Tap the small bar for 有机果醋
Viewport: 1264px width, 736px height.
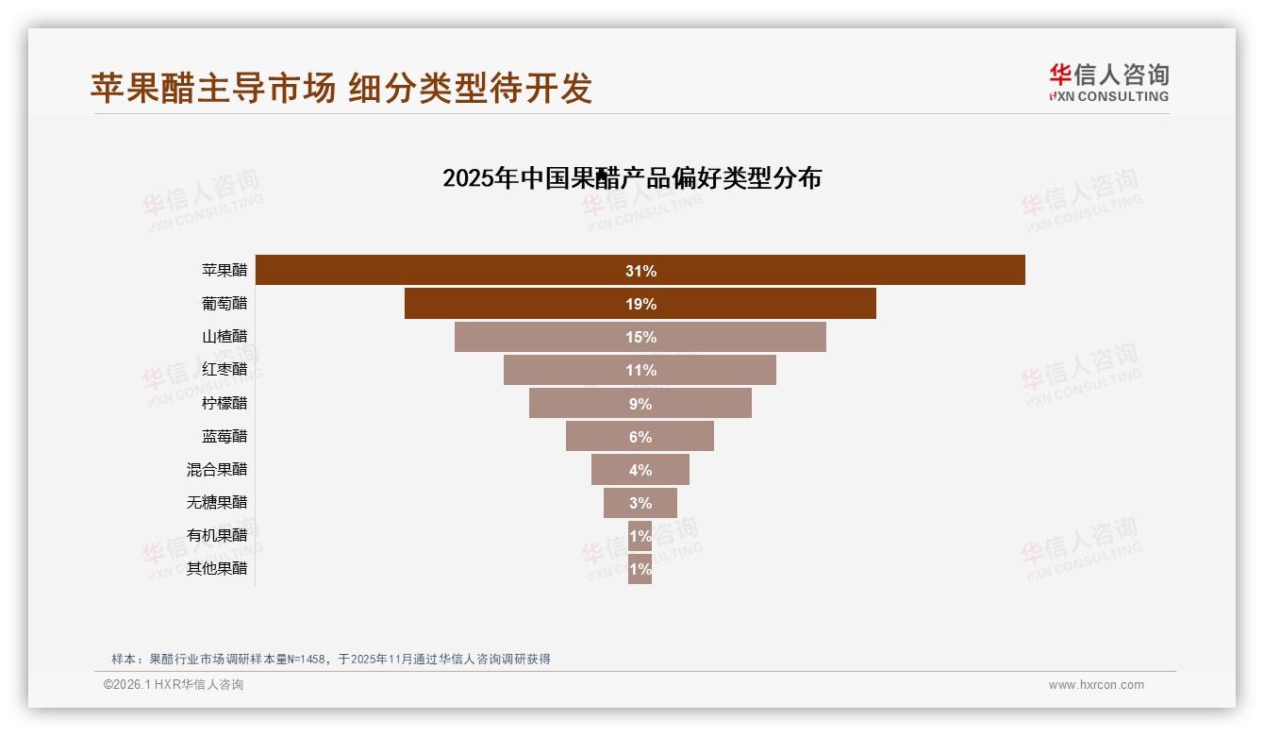click(640, 535)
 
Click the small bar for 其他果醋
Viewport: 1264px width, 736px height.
click(640, 569)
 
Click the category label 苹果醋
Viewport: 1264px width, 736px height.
click(225, 270)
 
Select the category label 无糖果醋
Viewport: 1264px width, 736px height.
click(217, 502)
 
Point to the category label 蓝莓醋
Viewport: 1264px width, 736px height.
click(225, 436)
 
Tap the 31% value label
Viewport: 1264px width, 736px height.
click(640, 271)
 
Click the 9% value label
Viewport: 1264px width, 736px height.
click(640, 404)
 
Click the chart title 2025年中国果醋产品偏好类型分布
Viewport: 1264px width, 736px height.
click(632, 178)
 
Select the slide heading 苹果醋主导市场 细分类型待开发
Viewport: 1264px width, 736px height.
click(341, 88)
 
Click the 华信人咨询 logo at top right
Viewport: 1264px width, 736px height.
click(1108, 82)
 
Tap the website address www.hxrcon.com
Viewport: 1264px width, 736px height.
click(1096, 685)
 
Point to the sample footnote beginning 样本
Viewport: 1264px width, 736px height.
click(330, 659)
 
